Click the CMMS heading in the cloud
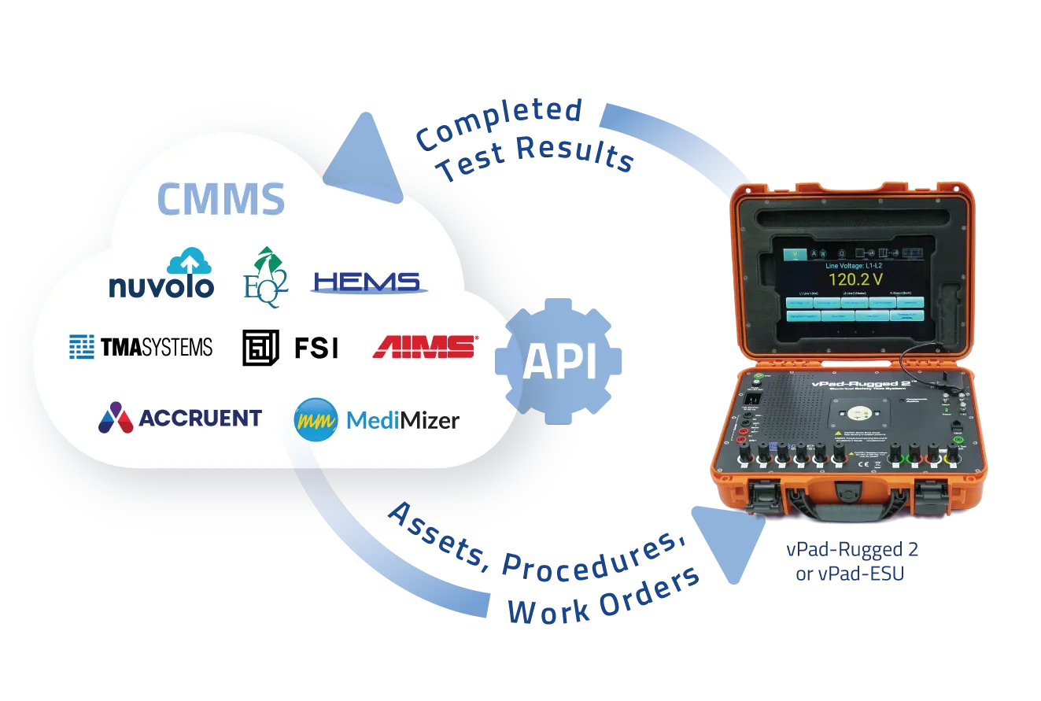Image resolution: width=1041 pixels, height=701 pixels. tap(221, 199)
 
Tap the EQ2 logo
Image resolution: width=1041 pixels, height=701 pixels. tap(265, 276)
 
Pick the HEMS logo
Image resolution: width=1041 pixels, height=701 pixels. tap(367, 282)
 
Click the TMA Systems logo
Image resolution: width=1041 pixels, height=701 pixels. tap(141, 346)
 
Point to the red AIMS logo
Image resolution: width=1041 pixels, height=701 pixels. tap(424, 346)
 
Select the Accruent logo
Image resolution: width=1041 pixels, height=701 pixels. tap(180, 418)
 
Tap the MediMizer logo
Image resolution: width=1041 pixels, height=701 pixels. tap(377, 419)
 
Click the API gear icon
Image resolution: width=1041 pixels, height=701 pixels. tap(559, 361)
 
